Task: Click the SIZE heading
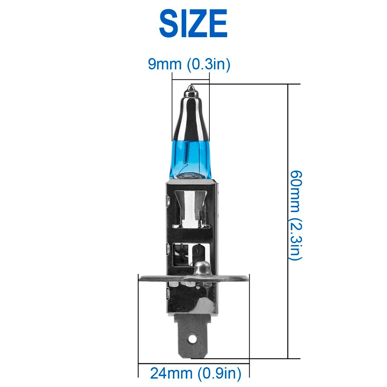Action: tap(193, 24)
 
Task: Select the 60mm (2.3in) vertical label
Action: tap(295, 215)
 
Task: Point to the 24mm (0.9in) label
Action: tap(195, 373)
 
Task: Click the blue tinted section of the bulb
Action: tap(190, 159)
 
